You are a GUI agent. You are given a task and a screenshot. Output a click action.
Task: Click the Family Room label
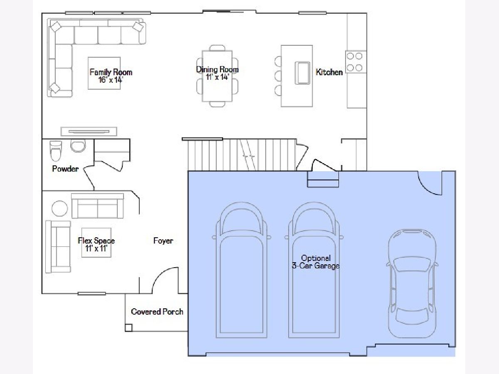pyautogui.click(x=111, y=72)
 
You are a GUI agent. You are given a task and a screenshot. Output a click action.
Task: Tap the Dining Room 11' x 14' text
pyautogui.click(x=217, y=73)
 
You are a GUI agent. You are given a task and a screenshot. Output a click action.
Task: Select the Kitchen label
pyautogui.click(x=329, y=72)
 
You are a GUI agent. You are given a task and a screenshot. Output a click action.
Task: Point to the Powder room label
pyautogui.click(x=65, y=169)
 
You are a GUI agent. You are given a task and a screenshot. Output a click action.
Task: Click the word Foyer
pyautogui.click(x=163, y=241)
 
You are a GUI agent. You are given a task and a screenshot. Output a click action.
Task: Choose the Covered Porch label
pyautogui.click(x=157, y=312)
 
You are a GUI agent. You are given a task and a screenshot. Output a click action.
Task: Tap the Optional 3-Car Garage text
pyautogui.click(x=316, y=262)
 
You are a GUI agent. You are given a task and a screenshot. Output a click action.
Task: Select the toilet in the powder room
pyautogui.click(x=55, y=151)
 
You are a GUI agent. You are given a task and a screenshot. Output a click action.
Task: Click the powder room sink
pyautogui.click(x=78, y=145)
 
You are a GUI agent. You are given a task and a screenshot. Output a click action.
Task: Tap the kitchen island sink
pyautogui.click(x=302, y=73)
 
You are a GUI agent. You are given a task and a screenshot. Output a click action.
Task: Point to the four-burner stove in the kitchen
pyautogui.click(x=356, y=62)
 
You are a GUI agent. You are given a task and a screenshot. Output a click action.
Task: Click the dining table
pyautogui.click(x=217, y=76)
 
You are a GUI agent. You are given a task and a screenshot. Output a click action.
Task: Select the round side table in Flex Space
pyautogui.click(x=59, y=208)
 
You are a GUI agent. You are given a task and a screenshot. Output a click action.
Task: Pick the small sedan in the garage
pyautogui.click(x=412, y=284)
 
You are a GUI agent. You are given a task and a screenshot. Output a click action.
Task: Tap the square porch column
pyautogui.click(x=128, y=328)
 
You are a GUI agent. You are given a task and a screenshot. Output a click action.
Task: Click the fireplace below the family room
pyautogui.click(x=89, y=131)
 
